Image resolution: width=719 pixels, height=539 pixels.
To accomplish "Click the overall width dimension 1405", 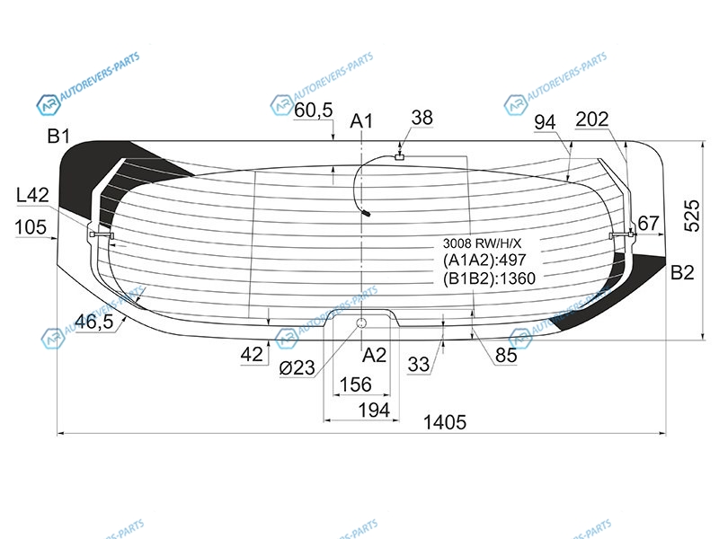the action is [x=444, y=422].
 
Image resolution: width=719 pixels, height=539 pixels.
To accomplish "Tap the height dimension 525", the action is [x=692, y=216].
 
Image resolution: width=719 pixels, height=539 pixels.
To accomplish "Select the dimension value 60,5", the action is [x=314, y=110].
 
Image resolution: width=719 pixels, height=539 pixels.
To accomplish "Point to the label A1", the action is [x=361, y=121].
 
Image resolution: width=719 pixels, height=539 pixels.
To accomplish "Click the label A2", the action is [x=374, y=355].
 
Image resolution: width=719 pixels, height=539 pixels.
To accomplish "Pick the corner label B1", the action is [x=59, y=137].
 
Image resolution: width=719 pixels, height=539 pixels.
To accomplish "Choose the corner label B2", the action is [x=682, y=273].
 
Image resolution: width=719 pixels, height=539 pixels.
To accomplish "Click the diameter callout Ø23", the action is [x=297, y=367].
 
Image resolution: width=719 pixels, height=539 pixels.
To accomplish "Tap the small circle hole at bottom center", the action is [x=362, y=323].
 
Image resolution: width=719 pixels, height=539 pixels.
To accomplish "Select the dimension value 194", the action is [x=374, y=410].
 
